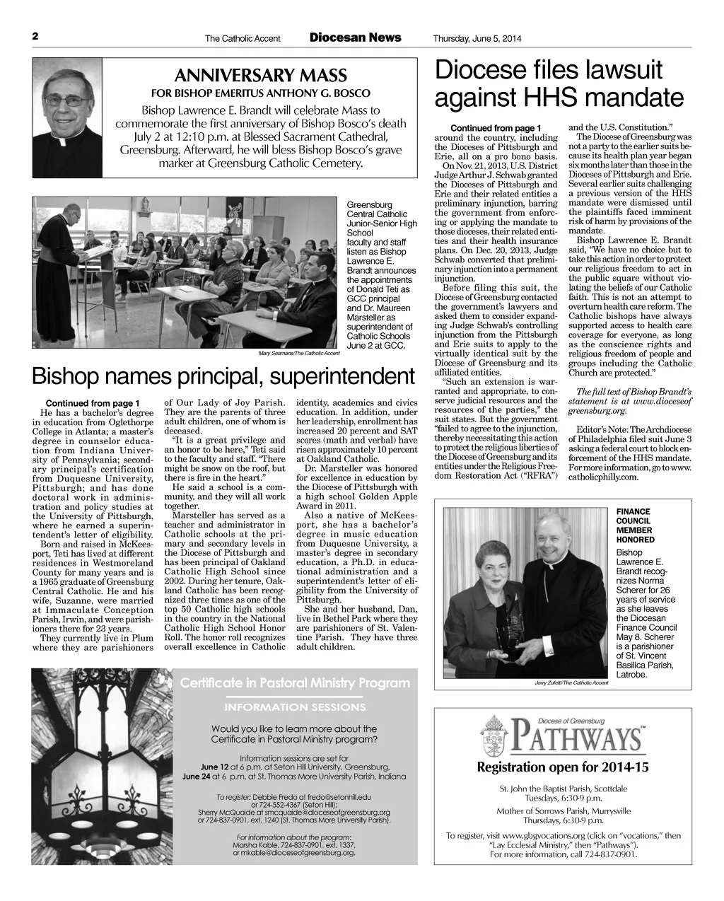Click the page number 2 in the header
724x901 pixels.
tap(34, 37)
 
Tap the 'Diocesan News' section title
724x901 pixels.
tap(355, 37)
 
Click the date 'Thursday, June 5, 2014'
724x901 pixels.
tap(477, 38)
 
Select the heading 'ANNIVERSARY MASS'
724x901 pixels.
tap(260, 76)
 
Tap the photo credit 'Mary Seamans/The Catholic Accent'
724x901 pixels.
tap(300, 352)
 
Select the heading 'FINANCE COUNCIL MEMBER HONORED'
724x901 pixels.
tap(636, 525)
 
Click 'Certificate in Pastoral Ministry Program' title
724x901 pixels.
tap(295, 683)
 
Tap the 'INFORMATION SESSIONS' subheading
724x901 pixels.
tap(295, 707)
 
